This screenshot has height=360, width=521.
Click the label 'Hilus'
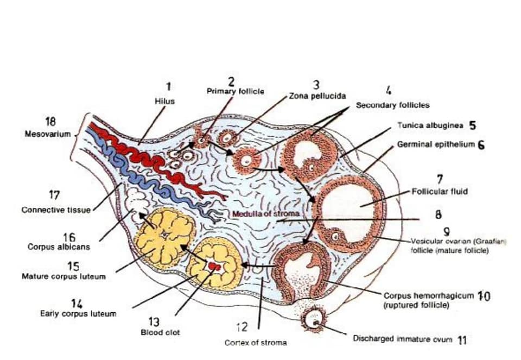pyautogui.click(x=165, y=102)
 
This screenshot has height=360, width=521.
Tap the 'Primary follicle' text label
pyautogui.click(x=236, y=91)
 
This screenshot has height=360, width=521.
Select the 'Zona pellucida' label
pyautogui.click(x=317, y=97)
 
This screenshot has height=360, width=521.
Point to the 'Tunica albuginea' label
pyautogui.click(x=430, y=125)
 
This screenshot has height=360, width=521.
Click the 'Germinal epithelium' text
pyautogui.click(x=436, y=144)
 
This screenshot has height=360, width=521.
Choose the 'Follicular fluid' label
pyautogui.click(x=440, y=192)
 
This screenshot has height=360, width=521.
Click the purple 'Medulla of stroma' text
pyautogui.click(x=266, y=214)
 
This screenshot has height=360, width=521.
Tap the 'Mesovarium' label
pyautogui.click(x=48, y=134)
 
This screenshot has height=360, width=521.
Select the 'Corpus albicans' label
pyautogui.click(x=59, y=247)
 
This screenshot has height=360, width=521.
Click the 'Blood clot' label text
pyautogui.click(x=160, y=332)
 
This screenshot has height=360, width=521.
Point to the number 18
pyautogui.click(x=50, y=122)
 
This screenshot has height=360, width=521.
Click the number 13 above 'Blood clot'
pyautogui.click(x=154, y=321)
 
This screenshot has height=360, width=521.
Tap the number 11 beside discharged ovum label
pyautogui.click(x=462, y=340)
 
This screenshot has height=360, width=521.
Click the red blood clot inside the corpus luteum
pyautogui.click(x=214, y=266)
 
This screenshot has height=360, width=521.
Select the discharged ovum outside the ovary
pyautogui.click(x=313, y=319)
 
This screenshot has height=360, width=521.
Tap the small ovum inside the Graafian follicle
pyautogui.click(x=335, y=237)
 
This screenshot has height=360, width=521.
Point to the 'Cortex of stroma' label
pyautogui.click(x=256, y=343)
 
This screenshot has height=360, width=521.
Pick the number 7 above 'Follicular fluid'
pyautogui.click(x=440, y=180)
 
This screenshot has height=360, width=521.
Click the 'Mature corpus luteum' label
pyautogui.click(x=64, y=276)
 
